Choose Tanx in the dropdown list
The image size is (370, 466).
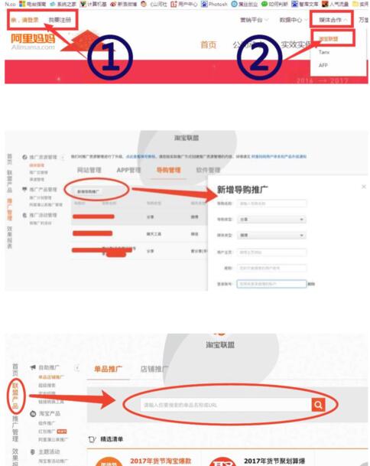coord(325,51)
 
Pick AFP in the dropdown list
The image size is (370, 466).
coord(324,65)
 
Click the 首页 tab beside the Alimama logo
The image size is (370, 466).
coord(208,44)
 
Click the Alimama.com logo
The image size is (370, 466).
coord(33,41)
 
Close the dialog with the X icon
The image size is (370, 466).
coord(363,186)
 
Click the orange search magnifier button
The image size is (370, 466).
coord(318,404)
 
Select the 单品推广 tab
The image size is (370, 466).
coord(107,369)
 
